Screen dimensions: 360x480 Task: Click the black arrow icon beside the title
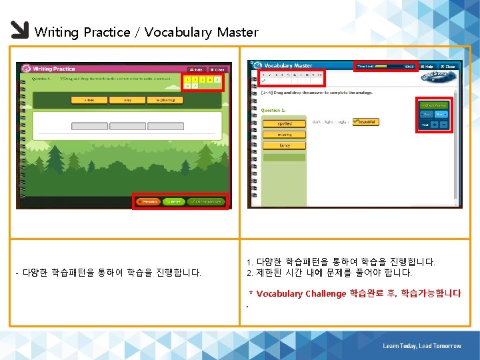(19, 31)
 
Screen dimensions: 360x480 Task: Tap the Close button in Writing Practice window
(218, 69)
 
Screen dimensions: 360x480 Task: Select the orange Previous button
(149, 201)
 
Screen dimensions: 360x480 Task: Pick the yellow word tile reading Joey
(127, 100)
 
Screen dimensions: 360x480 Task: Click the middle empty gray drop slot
(127, 126)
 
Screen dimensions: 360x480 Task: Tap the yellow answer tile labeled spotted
(275, 123)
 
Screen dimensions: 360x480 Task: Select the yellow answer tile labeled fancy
(275, 145)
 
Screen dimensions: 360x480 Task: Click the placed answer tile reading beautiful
(365, 122)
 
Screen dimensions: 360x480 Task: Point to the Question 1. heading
(273, 110)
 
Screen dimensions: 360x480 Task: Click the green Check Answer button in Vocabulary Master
(434, 105)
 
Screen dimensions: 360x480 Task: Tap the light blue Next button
(441, 114)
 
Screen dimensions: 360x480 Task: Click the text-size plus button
(434, 125)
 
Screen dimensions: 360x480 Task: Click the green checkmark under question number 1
(263, 81)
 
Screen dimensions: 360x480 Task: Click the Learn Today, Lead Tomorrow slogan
(421, 346)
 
